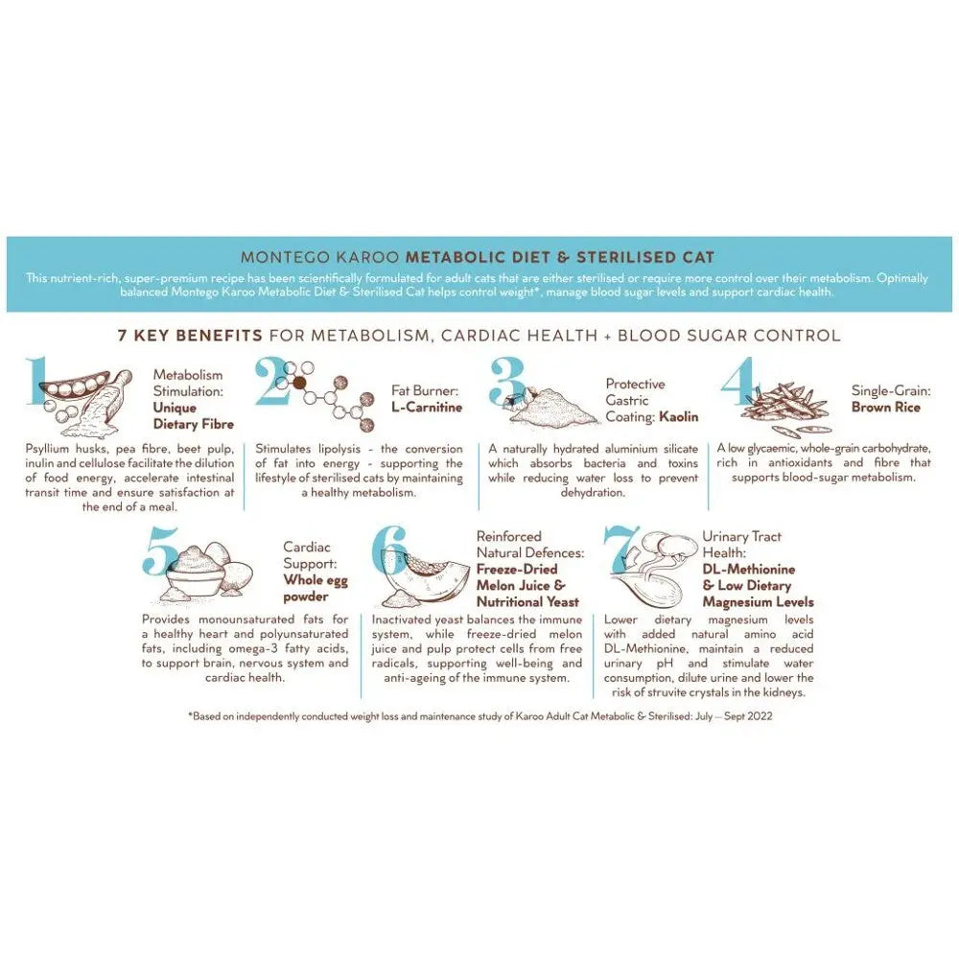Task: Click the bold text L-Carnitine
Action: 426,408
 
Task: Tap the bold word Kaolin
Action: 678,417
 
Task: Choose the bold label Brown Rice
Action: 885,408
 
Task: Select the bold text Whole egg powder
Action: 316,588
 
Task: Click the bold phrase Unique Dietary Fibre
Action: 193,415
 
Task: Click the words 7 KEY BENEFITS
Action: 190,336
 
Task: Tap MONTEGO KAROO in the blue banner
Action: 319,257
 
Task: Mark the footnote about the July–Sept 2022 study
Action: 479,716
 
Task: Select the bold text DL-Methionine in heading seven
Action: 748,569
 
